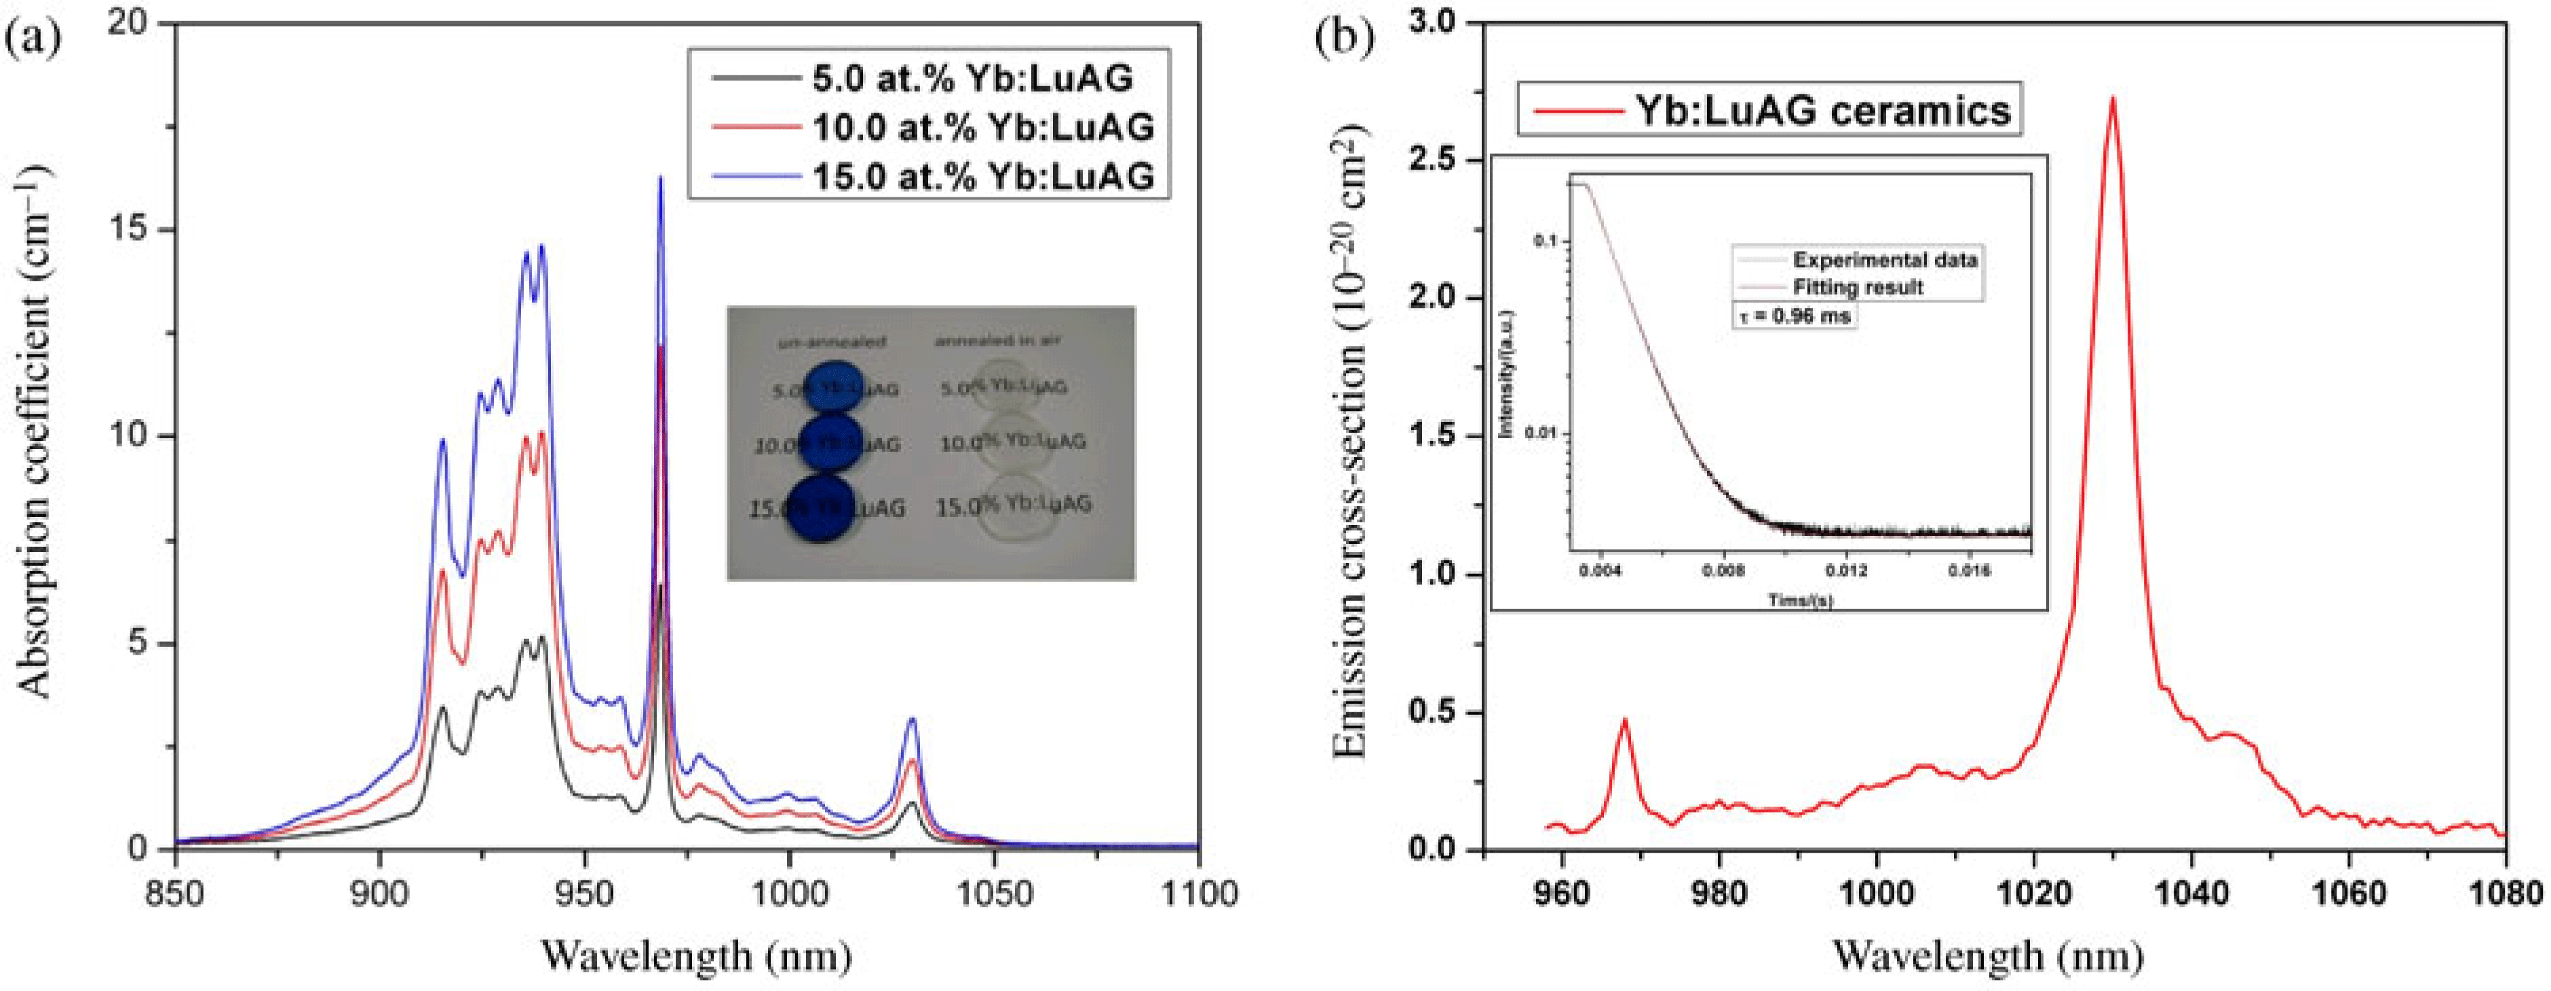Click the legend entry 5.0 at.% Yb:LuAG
pyautogui.click(x=970, y=78)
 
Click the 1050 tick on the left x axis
pyautogui.click(x=993, y=894)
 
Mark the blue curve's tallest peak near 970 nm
pyautogui.click(x=661, y=179)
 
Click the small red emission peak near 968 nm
pyautogui.click(x=1624, y=721)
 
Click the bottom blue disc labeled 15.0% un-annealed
pyautogui.click(x=821, y=507)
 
